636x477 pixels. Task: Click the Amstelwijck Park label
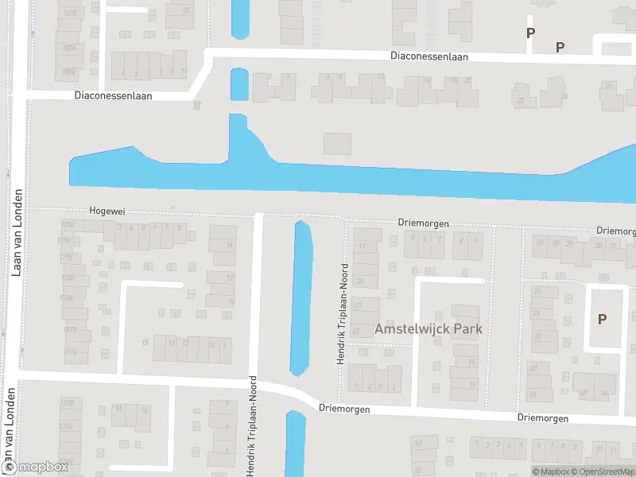click(429, 328)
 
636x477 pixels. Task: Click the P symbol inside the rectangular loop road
click(602, 319)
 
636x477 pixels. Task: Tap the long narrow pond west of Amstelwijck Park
click(301, 298)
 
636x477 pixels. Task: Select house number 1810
click(69, 14)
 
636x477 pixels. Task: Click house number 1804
click(69, 48)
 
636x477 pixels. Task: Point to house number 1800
click(69, 72)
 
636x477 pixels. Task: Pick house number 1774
click(69, 351)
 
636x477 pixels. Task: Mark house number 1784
click(69, 297)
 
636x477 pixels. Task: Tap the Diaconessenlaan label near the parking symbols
click(429, 56)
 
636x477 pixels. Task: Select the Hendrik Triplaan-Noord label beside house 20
click(343, 314)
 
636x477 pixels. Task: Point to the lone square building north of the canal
click(337, 144)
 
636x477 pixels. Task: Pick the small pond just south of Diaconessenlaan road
click(238, 84)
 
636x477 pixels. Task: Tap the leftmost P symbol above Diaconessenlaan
click(530, 33)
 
